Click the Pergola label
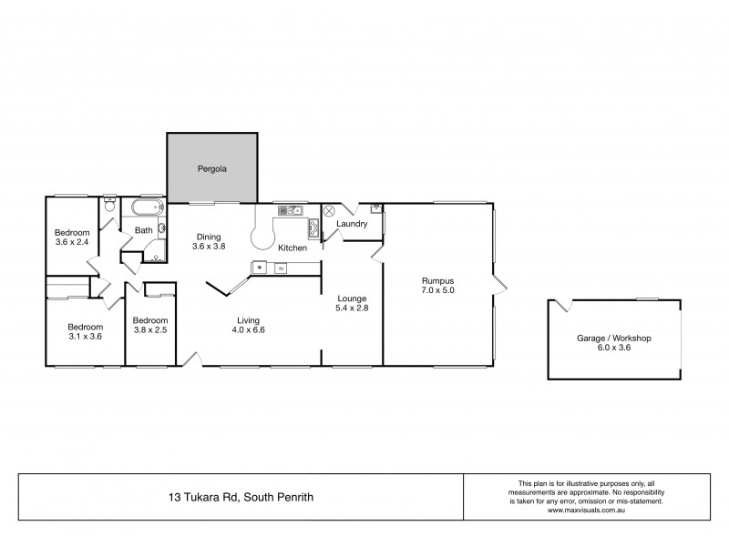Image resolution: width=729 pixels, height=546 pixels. point(212,168)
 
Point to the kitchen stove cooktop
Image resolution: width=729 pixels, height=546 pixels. point(313,227)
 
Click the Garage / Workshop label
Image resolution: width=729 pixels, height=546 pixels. point(613,338)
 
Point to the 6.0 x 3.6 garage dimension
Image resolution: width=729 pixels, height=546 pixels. point(613,348)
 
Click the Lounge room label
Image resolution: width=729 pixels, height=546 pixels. point(351,298)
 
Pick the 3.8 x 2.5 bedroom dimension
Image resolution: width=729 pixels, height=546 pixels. point(149,330)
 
